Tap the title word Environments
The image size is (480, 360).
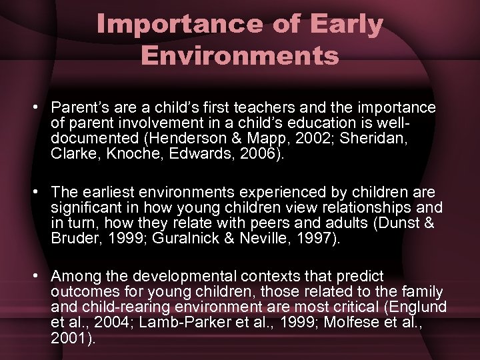point(240,55)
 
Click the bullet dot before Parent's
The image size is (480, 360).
point(41,108)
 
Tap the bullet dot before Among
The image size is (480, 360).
point(41,276)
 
